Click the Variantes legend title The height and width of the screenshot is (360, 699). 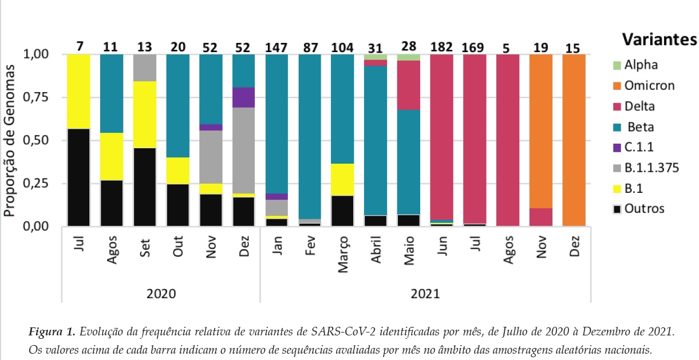pos(659,41)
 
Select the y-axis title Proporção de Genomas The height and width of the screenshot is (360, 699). pos(10,140)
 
